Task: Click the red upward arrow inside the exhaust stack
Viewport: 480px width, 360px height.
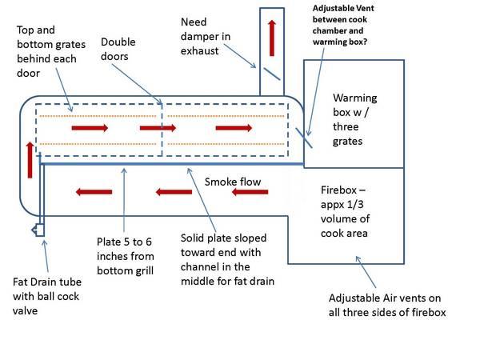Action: (x=273, y=36)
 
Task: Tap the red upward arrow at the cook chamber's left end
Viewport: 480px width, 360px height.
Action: (x=30, y=159)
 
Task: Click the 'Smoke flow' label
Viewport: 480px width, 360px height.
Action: (x=233, y=182)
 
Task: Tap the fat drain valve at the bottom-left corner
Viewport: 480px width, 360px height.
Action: (x=36, y=230)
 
